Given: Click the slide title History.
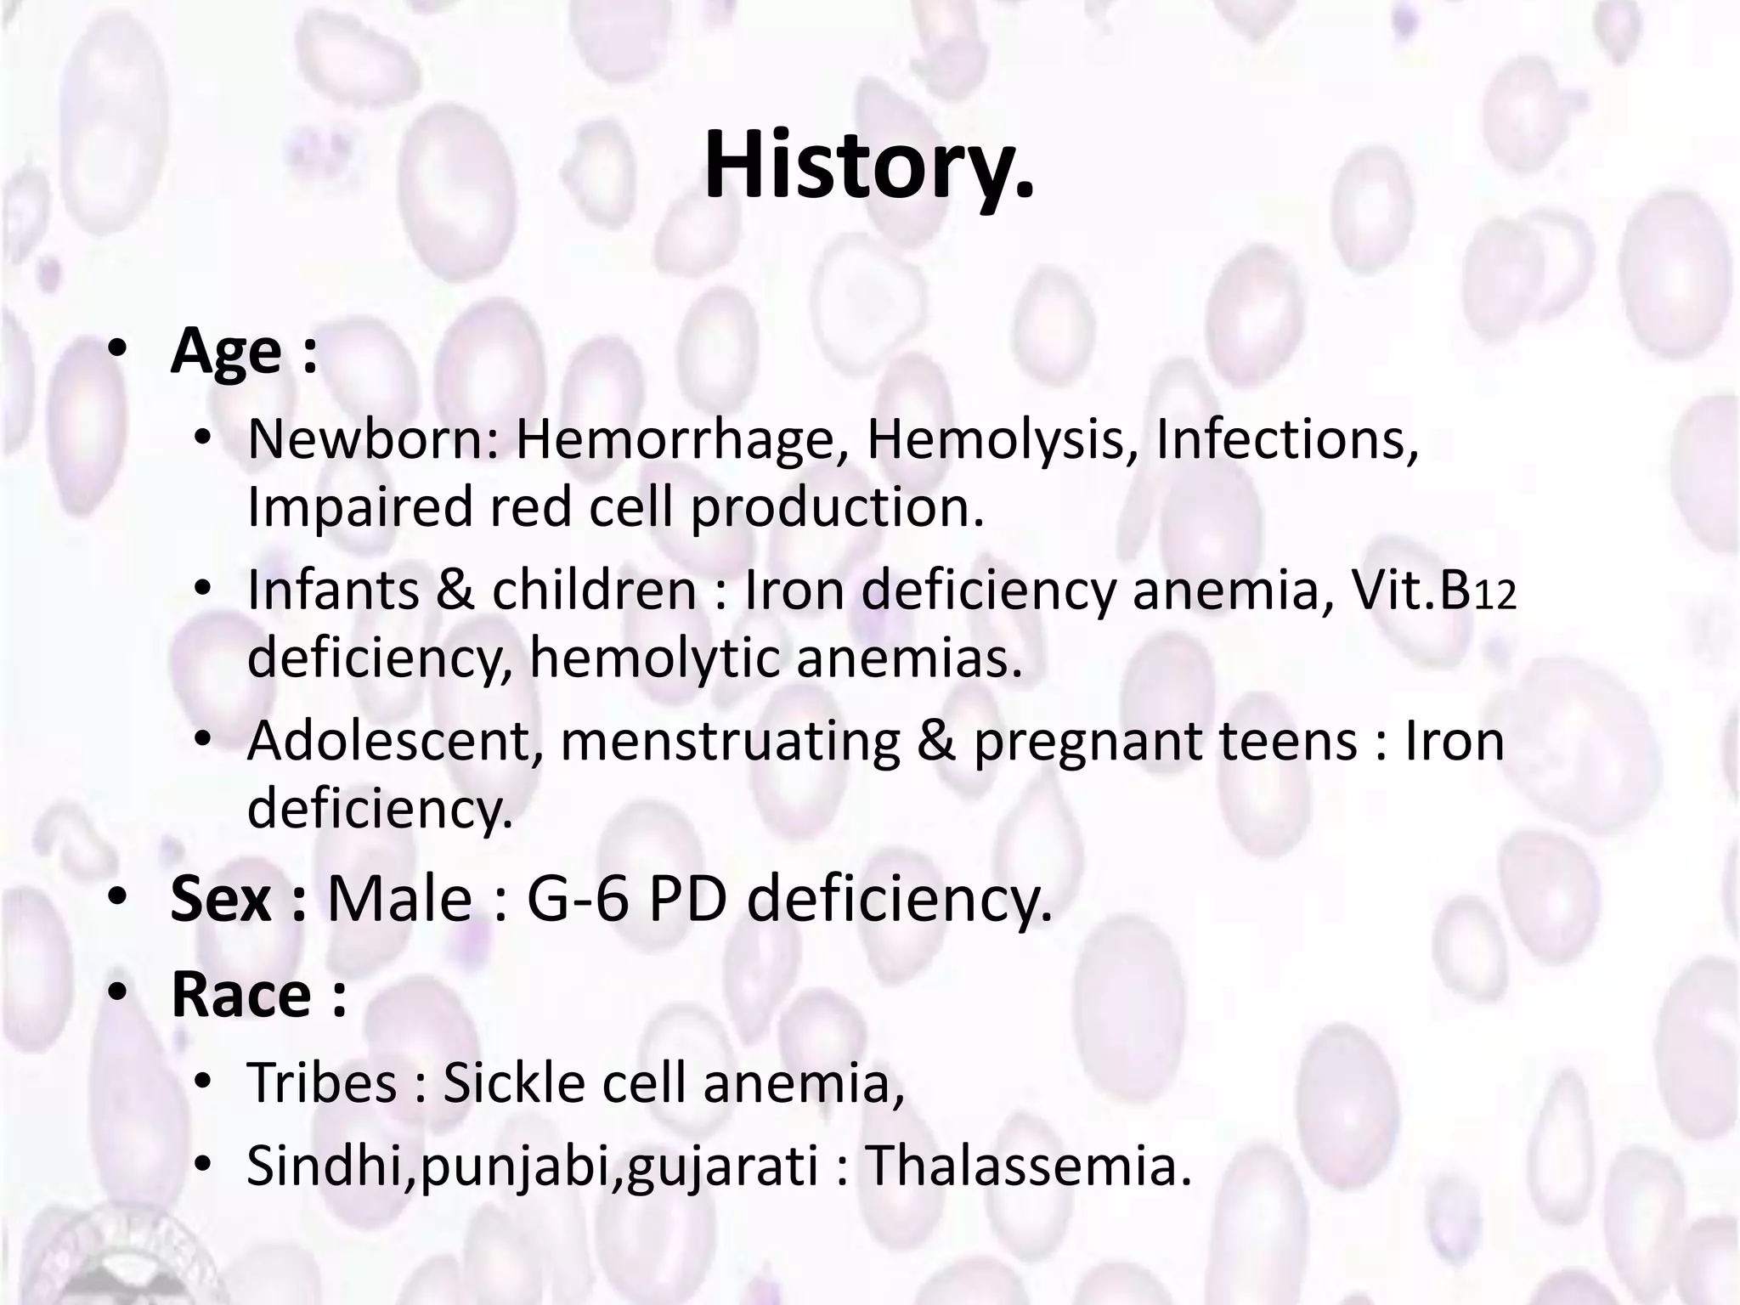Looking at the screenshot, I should pos(869,165).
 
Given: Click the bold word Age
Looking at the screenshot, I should pos(226,352).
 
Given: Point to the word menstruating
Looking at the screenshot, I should pos(730,740).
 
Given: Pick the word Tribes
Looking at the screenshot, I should pos(322,1083).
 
